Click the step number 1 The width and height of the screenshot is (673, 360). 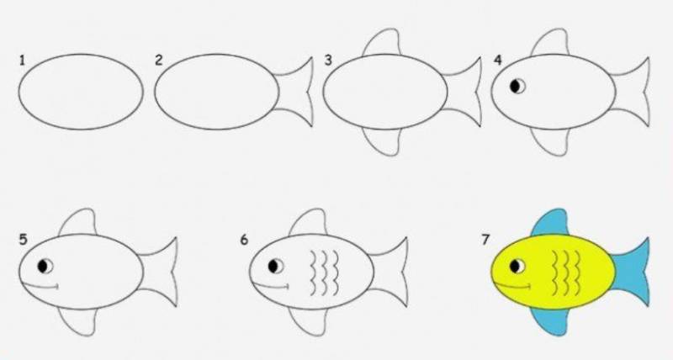click(22, 61)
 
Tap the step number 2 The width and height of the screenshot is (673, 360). click(159, 61)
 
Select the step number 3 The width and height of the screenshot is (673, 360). click(328, 61)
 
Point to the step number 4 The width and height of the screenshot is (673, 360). click(497, 61)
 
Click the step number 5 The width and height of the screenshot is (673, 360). click(23, 240)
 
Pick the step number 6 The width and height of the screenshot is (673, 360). click(244, 240)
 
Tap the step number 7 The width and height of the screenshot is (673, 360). click(485, 240)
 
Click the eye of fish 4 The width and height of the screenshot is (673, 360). click(517, 87)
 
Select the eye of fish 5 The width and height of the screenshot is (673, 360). click(45, 266)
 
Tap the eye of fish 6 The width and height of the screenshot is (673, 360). click(276, 266)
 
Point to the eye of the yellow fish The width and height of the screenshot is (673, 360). click(517, 266)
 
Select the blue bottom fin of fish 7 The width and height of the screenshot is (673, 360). click(552, 320)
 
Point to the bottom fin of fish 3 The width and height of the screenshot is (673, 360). click(382, 140)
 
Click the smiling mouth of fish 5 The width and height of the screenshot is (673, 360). click(40, 286)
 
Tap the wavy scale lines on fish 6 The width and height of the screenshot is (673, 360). click(324, 273)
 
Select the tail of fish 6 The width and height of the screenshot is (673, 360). click(390, 272)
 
